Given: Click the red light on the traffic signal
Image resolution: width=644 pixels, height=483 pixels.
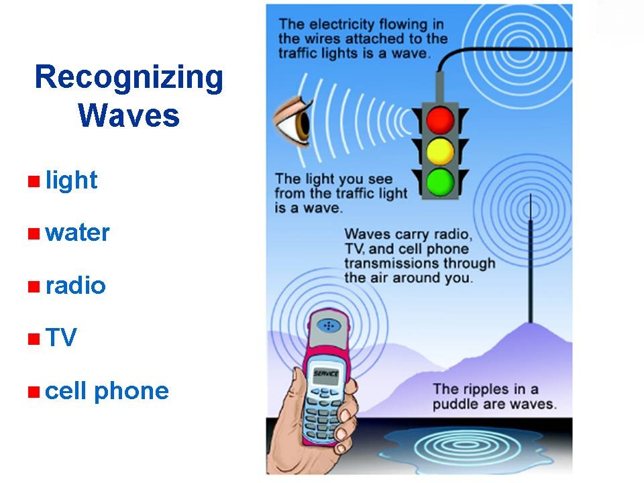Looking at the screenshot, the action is (x=440, y=120).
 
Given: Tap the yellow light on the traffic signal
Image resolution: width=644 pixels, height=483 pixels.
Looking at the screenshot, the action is (x=440, y=151).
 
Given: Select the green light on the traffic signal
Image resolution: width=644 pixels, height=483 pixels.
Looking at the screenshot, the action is (x=440, y=182).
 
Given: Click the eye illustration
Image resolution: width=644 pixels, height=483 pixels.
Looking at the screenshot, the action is (x=293, y=121).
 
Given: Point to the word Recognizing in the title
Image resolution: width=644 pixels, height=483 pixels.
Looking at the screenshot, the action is (x=129, y=78).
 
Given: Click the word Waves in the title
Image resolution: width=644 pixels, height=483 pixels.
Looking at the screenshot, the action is (x=129, y=115).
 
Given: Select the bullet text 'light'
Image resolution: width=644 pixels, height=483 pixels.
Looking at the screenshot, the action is (x=72, y=180).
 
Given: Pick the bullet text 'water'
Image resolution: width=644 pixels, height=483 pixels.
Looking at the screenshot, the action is (x=77, y=233).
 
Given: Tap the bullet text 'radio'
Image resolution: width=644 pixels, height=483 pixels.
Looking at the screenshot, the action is (x=76, y=285).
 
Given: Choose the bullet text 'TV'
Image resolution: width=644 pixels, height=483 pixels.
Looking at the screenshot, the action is (x=61, y=337).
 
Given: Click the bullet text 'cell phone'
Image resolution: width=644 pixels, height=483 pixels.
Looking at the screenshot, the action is (x=107, y=391).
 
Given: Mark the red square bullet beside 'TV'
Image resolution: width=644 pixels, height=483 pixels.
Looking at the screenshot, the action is (x=34, y=339).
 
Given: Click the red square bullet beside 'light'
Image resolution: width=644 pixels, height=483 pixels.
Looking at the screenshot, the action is (x=34, y=181).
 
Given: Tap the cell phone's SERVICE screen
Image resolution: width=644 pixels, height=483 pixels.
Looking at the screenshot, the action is (x=327, y=374).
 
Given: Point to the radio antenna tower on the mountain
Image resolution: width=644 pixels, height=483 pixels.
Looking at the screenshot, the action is (x=531, y=258).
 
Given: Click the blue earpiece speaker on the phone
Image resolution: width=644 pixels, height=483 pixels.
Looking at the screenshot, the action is (x=329, y=326).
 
